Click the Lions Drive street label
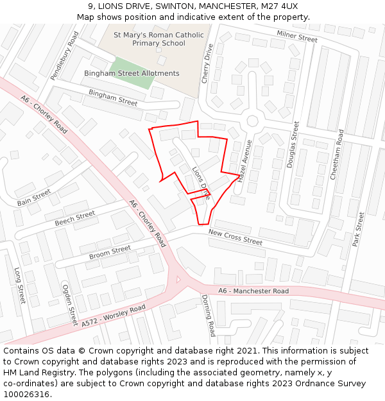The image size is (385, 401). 201,182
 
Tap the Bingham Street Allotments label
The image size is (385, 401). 132,73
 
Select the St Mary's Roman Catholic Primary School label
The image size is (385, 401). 158,39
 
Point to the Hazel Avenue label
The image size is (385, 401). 244,162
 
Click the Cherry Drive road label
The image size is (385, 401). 207,64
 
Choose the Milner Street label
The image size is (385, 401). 297,36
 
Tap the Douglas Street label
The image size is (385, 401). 293,144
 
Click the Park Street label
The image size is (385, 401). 358,230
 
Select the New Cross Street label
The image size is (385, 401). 235,237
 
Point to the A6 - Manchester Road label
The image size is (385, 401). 253,291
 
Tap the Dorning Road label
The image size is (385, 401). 209,316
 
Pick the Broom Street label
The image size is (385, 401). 110,253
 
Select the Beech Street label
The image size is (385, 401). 74,218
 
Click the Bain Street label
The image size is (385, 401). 34,198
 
